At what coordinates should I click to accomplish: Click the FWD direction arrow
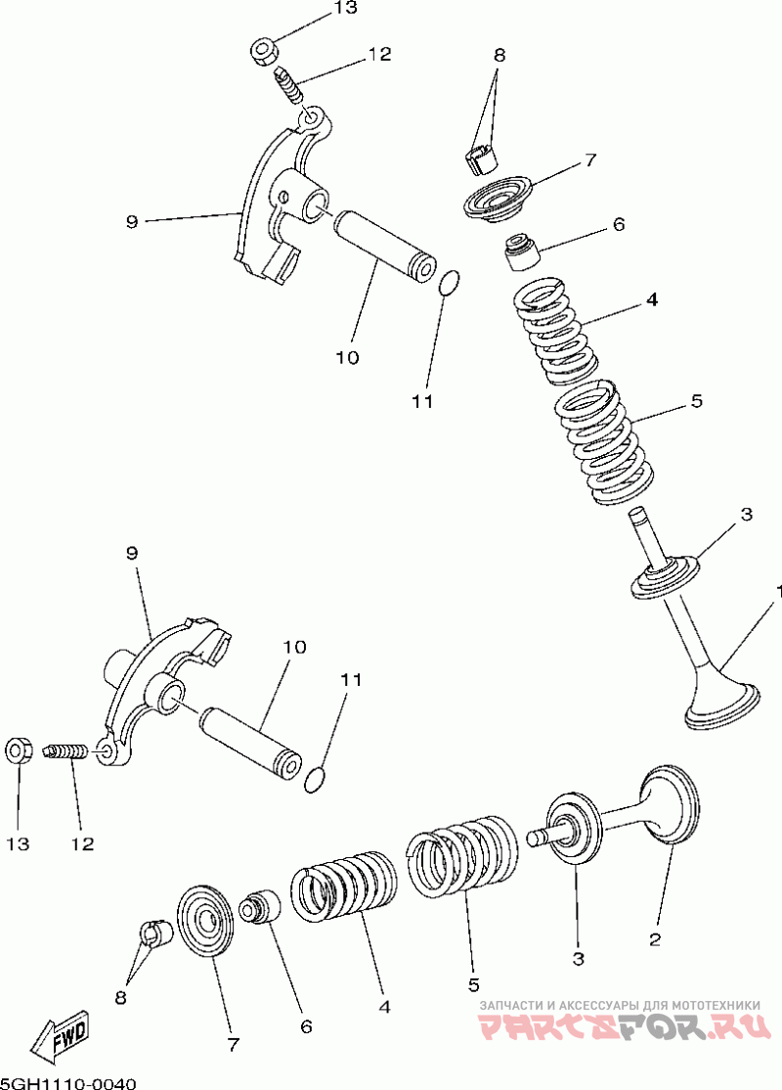click(61, 1036)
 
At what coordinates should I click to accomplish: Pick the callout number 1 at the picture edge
click(778, 592)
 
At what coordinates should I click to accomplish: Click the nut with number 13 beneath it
click(18, 751)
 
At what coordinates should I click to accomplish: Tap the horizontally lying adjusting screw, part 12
click(66, 752)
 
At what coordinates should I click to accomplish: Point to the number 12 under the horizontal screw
click(82, 843)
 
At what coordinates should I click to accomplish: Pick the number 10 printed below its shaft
click(347, 357)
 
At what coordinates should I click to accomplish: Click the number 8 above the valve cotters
click(500, 56)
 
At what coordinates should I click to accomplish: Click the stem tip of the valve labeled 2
click(534, 838)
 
